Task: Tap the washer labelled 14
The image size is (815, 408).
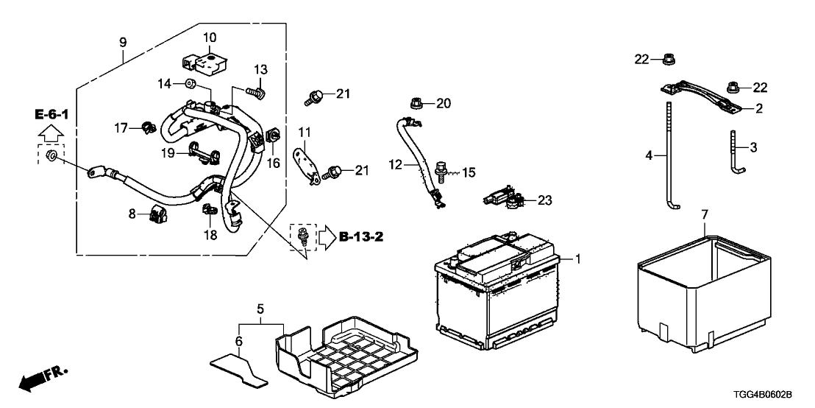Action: coord(190,84)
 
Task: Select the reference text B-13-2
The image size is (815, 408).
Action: coord(362,237)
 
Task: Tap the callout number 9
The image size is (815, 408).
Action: coord(123,41)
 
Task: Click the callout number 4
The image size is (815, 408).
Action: coord(649,155)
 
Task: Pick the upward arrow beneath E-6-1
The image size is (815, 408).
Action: coord(51,134)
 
